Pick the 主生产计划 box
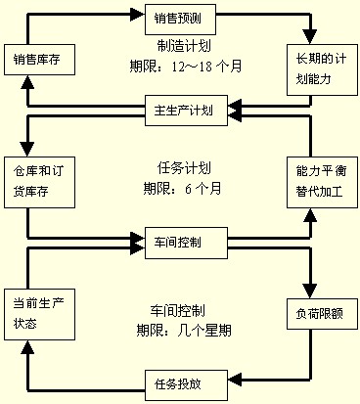186,108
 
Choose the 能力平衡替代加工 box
316,179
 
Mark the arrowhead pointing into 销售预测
137,15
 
